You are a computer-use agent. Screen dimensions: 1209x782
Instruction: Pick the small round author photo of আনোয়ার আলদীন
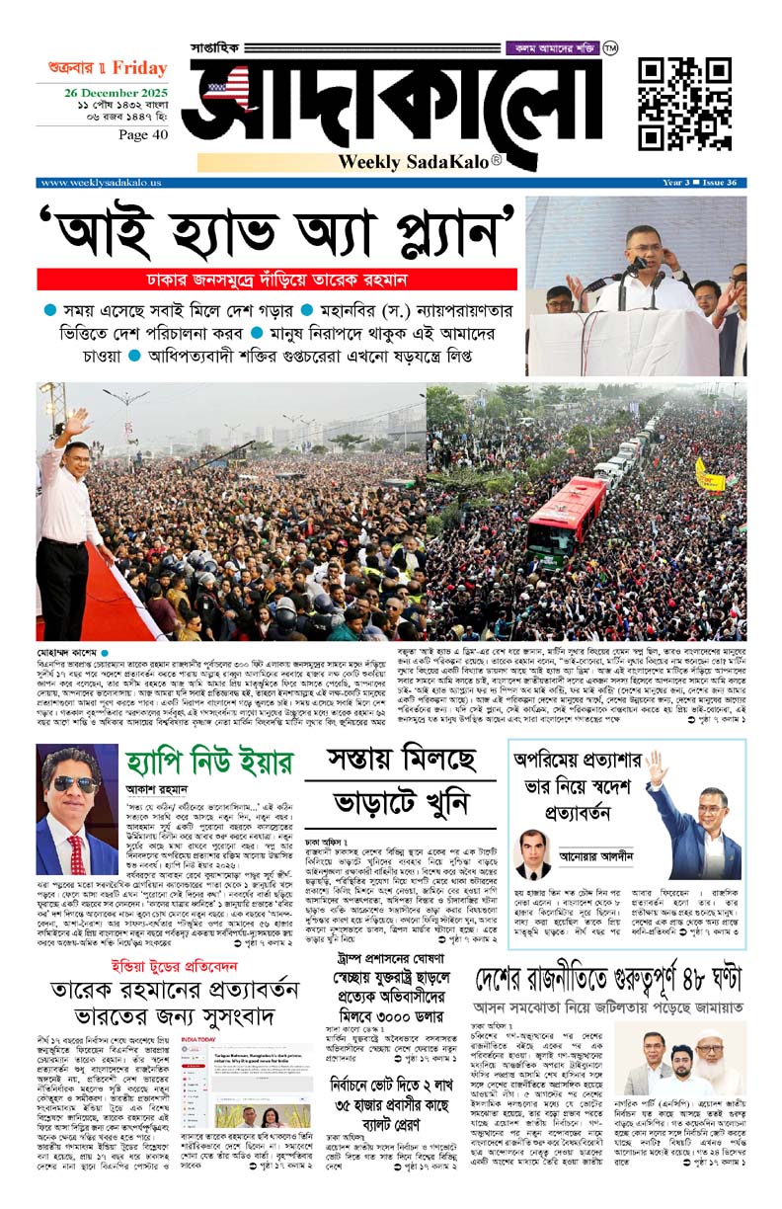(x=533, y=854)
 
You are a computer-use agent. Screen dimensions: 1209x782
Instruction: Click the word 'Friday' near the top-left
(x=139, y=68)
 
